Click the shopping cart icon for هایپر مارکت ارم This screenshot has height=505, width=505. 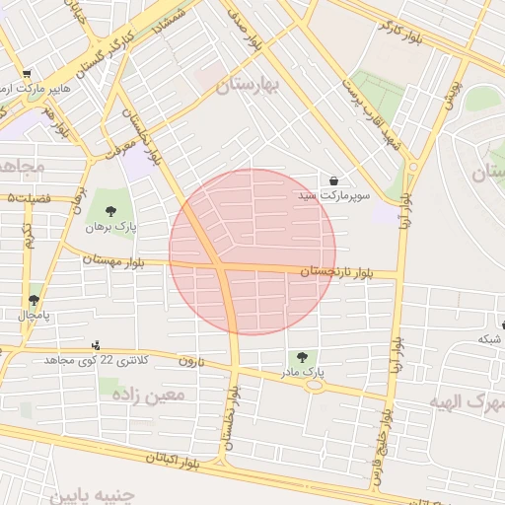click(27, 73)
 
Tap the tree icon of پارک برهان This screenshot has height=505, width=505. click(110, 210)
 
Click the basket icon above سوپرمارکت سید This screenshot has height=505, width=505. click(335, 181)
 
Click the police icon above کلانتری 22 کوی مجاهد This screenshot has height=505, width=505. click(96, 344)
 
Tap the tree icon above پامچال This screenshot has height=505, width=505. click(35, 299)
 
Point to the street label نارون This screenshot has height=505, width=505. click(190, 362)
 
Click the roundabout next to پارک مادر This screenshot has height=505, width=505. click(315, 386)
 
